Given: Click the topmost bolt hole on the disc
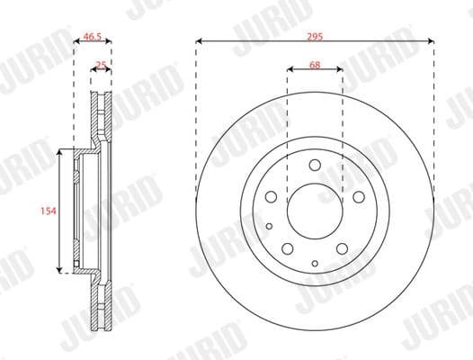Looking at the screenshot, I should pos(314,165).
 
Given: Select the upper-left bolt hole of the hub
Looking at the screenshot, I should pos(272,196).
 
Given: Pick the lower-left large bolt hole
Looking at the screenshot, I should pos(288,247).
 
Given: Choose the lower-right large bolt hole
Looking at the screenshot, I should pos(341,247).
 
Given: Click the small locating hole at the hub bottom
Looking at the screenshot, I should pos(314,262).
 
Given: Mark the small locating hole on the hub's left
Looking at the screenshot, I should pos(268,226).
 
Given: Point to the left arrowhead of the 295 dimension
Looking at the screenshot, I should pos(198,40).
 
